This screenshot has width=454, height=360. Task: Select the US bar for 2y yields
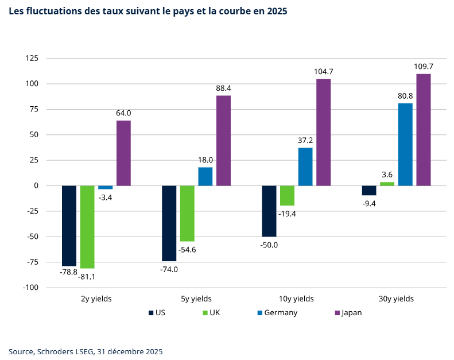point(69,226)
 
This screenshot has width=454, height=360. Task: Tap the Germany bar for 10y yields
point(305,167)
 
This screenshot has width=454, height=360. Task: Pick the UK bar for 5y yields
point(187,213)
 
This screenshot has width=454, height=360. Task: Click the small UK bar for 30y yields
point(387,184)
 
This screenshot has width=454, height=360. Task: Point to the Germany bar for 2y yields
point(105,187)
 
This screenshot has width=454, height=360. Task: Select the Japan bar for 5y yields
point(223,141)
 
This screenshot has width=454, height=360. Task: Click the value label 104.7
point(324,72)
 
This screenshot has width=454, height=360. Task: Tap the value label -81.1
point(87,277)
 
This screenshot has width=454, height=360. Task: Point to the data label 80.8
point(405,96)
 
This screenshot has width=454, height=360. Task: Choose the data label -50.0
point(269,245)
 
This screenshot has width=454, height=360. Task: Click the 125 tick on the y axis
point(32,59)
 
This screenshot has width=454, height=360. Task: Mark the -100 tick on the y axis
point(30,287)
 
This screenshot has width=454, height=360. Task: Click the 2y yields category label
point(96,299)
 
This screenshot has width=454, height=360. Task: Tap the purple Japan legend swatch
point(337,313)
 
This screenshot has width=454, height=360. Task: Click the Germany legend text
point(281,313)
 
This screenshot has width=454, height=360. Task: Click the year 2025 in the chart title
point(277,11)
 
